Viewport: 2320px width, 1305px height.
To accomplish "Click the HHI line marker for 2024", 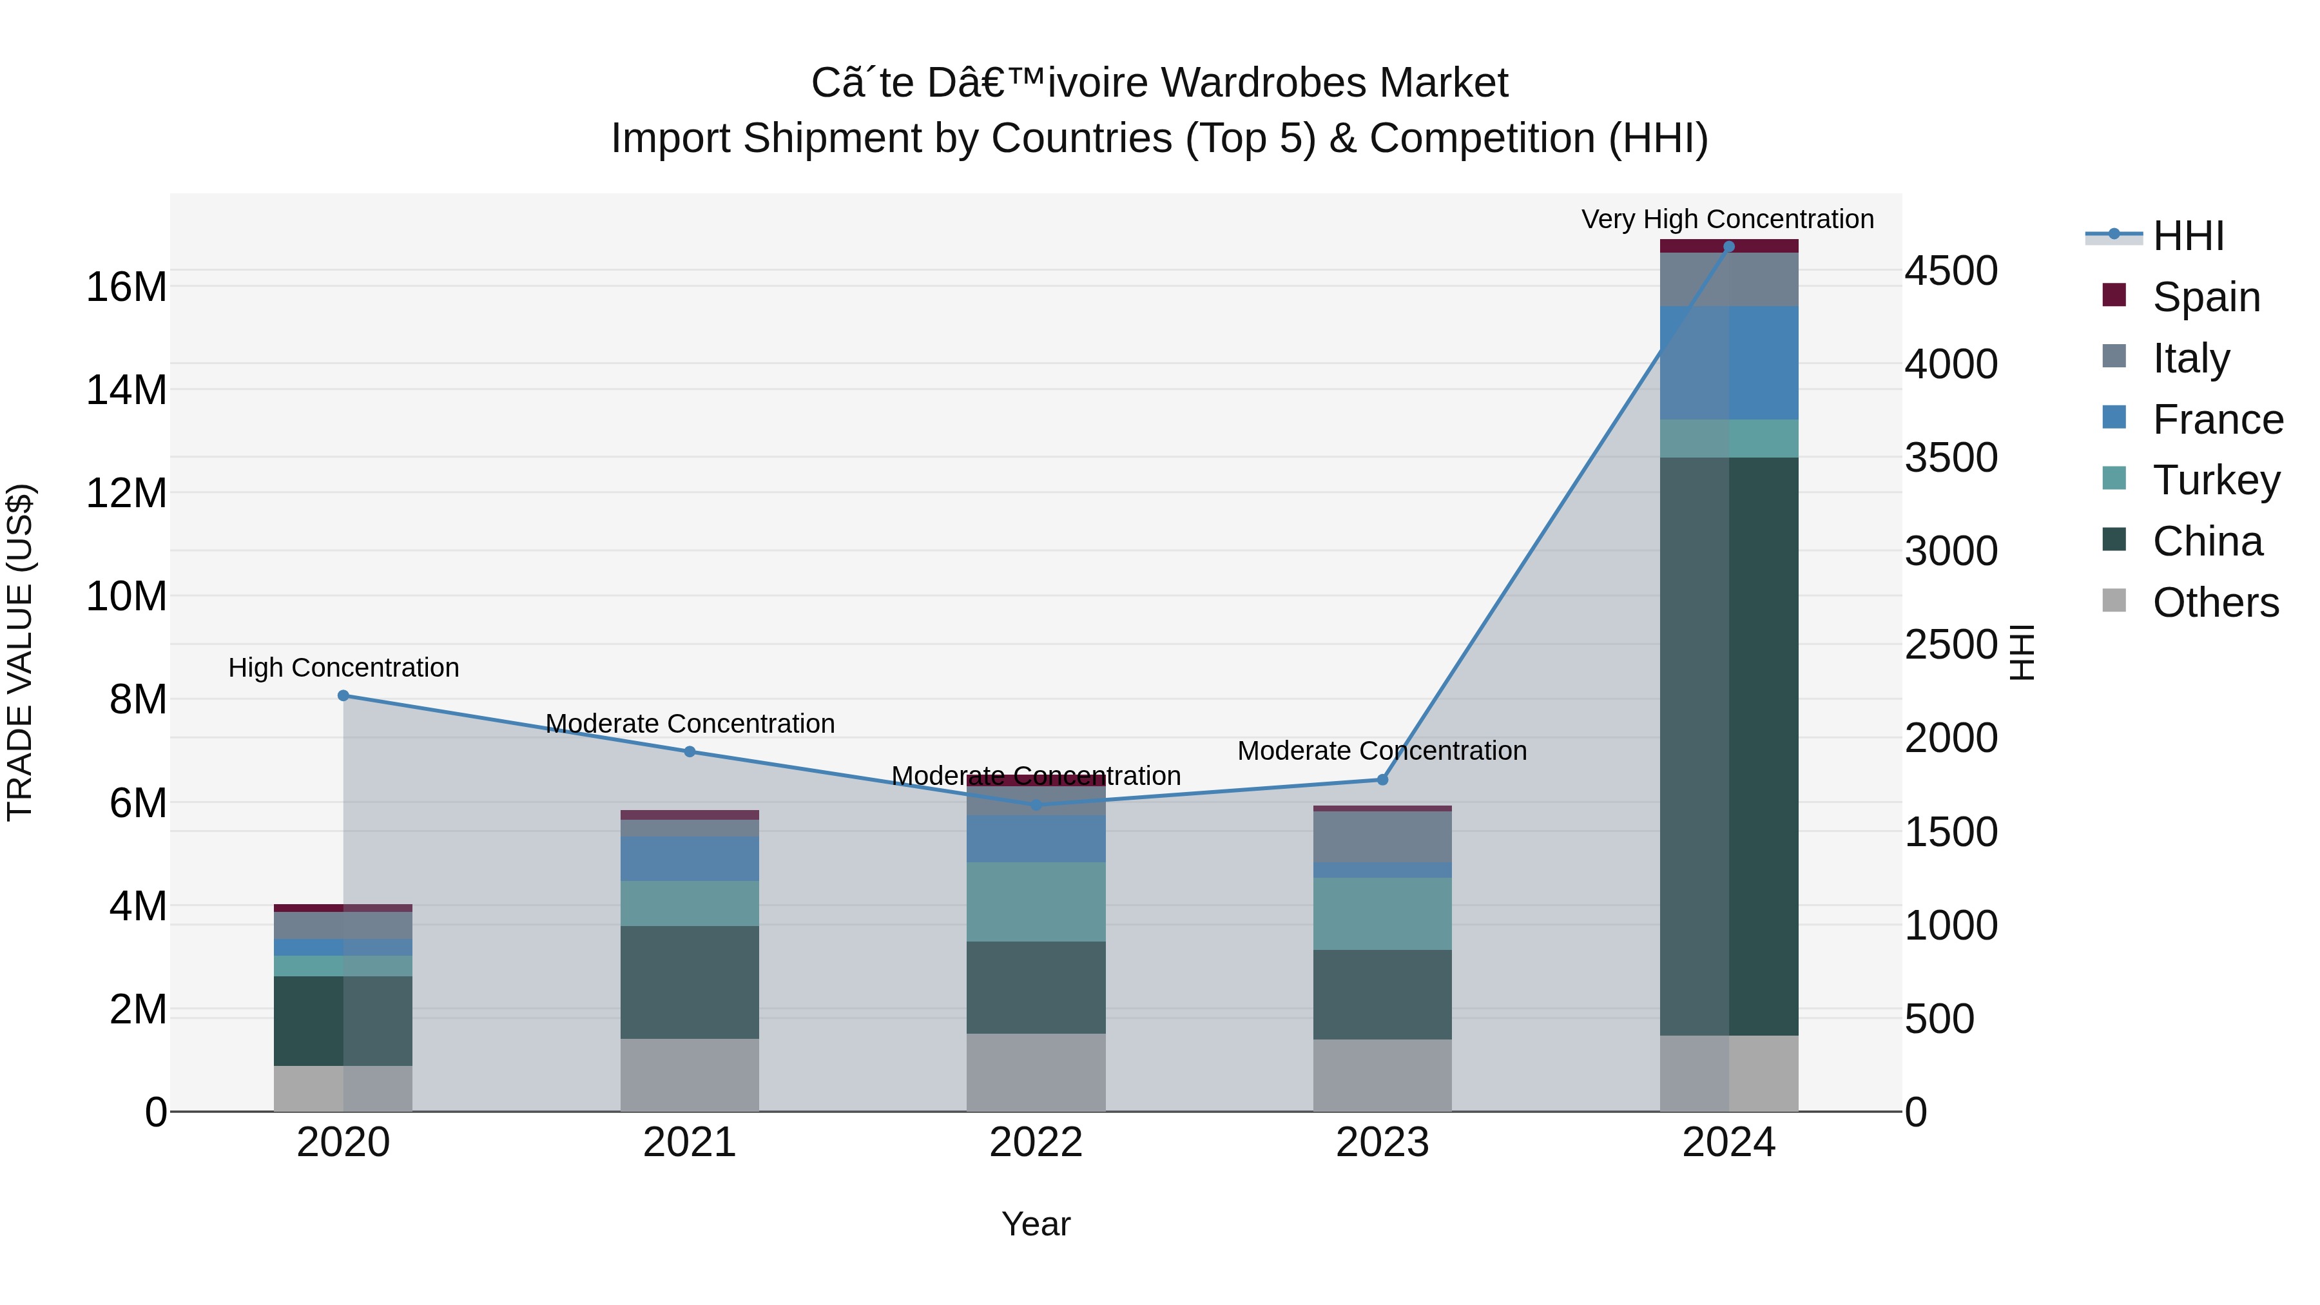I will [x=1728, y=247].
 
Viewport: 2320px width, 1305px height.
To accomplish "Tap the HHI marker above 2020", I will [x=343, y=695].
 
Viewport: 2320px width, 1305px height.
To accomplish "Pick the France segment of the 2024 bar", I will [x=1728, y=363].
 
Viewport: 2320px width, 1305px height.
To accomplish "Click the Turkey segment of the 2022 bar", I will [x=1036, y=902].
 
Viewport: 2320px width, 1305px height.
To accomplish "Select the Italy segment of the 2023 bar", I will [x=1382, y=836].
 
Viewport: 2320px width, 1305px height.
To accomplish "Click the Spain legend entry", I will [x=2206, y=297].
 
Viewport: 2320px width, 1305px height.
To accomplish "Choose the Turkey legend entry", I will [x=2216, y=480].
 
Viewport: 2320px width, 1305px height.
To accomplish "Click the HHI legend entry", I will [x=2188, y=236].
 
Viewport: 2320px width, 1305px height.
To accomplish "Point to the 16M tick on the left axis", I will [x=126, y=287].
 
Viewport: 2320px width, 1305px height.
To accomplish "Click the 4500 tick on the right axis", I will [x=1951, y=271].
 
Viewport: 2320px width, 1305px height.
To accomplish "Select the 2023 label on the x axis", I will [x=1382, y=1143].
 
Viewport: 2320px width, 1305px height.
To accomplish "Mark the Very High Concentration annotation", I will [x=1727, y=219].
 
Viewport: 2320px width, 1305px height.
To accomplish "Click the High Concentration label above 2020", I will [x=343, y=668].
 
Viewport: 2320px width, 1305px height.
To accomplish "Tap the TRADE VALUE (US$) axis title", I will [x=20, y=652].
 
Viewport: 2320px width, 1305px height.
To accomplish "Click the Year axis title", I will [x=1036, y=1224].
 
